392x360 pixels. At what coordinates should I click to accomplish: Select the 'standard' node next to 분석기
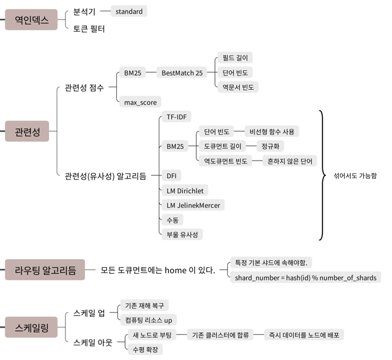click(129, 11)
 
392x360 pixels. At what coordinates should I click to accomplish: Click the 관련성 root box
click(27, 132)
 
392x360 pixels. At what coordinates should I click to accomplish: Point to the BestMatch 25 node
click(182, 73)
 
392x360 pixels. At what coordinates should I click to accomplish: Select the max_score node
click(140, 102)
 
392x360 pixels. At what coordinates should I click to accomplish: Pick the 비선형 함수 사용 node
click(272, 131)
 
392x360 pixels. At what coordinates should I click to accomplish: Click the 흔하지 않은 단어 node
click(289, 161)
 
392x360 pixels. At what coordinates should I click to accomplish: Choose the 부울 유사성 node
click(183, 234)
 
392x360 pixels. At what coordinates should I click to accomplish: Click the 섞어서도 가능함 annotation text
click(355, 176)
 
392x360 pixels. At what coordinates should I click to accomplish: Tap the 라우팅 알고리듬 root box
click(45, 271)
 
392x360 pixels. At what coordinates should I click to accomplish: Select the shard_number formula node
click(305, 277)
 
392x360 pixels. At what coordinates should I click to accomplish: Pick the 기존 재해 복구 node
click(144, 305)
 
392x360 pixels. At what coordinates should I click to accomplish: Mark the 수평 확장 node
click(145, 349)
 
